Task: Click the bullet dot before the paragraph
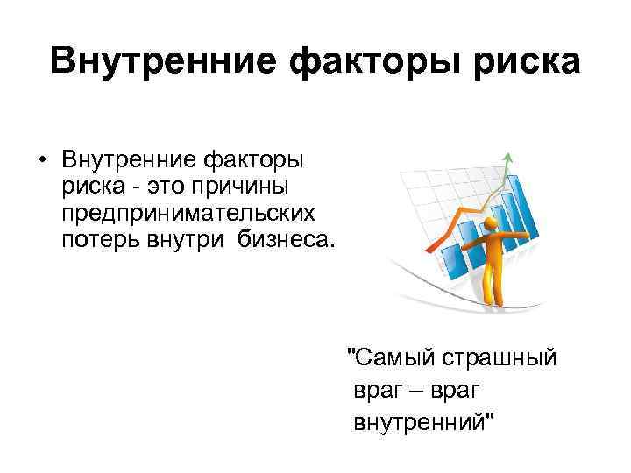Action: (x=41, y=161)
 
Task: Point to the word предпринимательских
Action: (x=187, y=212)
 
